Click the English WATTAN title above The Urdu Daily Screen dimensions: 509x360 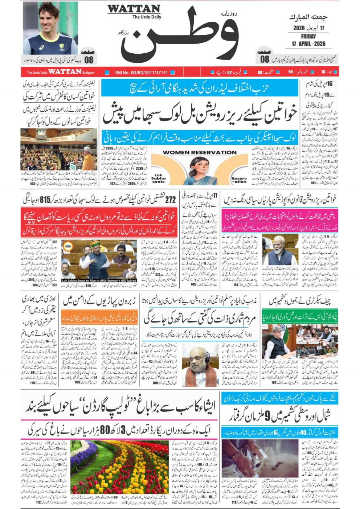tap(134, 9)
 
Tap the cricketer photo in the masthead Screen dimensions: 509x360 tap(50, 28)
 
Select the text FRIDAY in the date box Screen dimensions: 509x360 tap(308, 36)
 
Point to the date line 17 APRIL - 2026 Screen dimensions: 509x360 tap(308, 44)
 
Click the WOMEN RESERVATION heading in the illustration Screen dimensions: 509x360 tap(199, 152)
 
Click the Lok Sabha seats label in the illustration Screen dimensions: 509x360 tap(158, 177)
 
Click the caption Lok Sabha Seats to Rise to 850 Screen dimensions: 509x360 tap(99, 280)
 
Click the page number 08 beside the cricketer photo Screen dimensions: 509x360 tap(89, 59)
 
